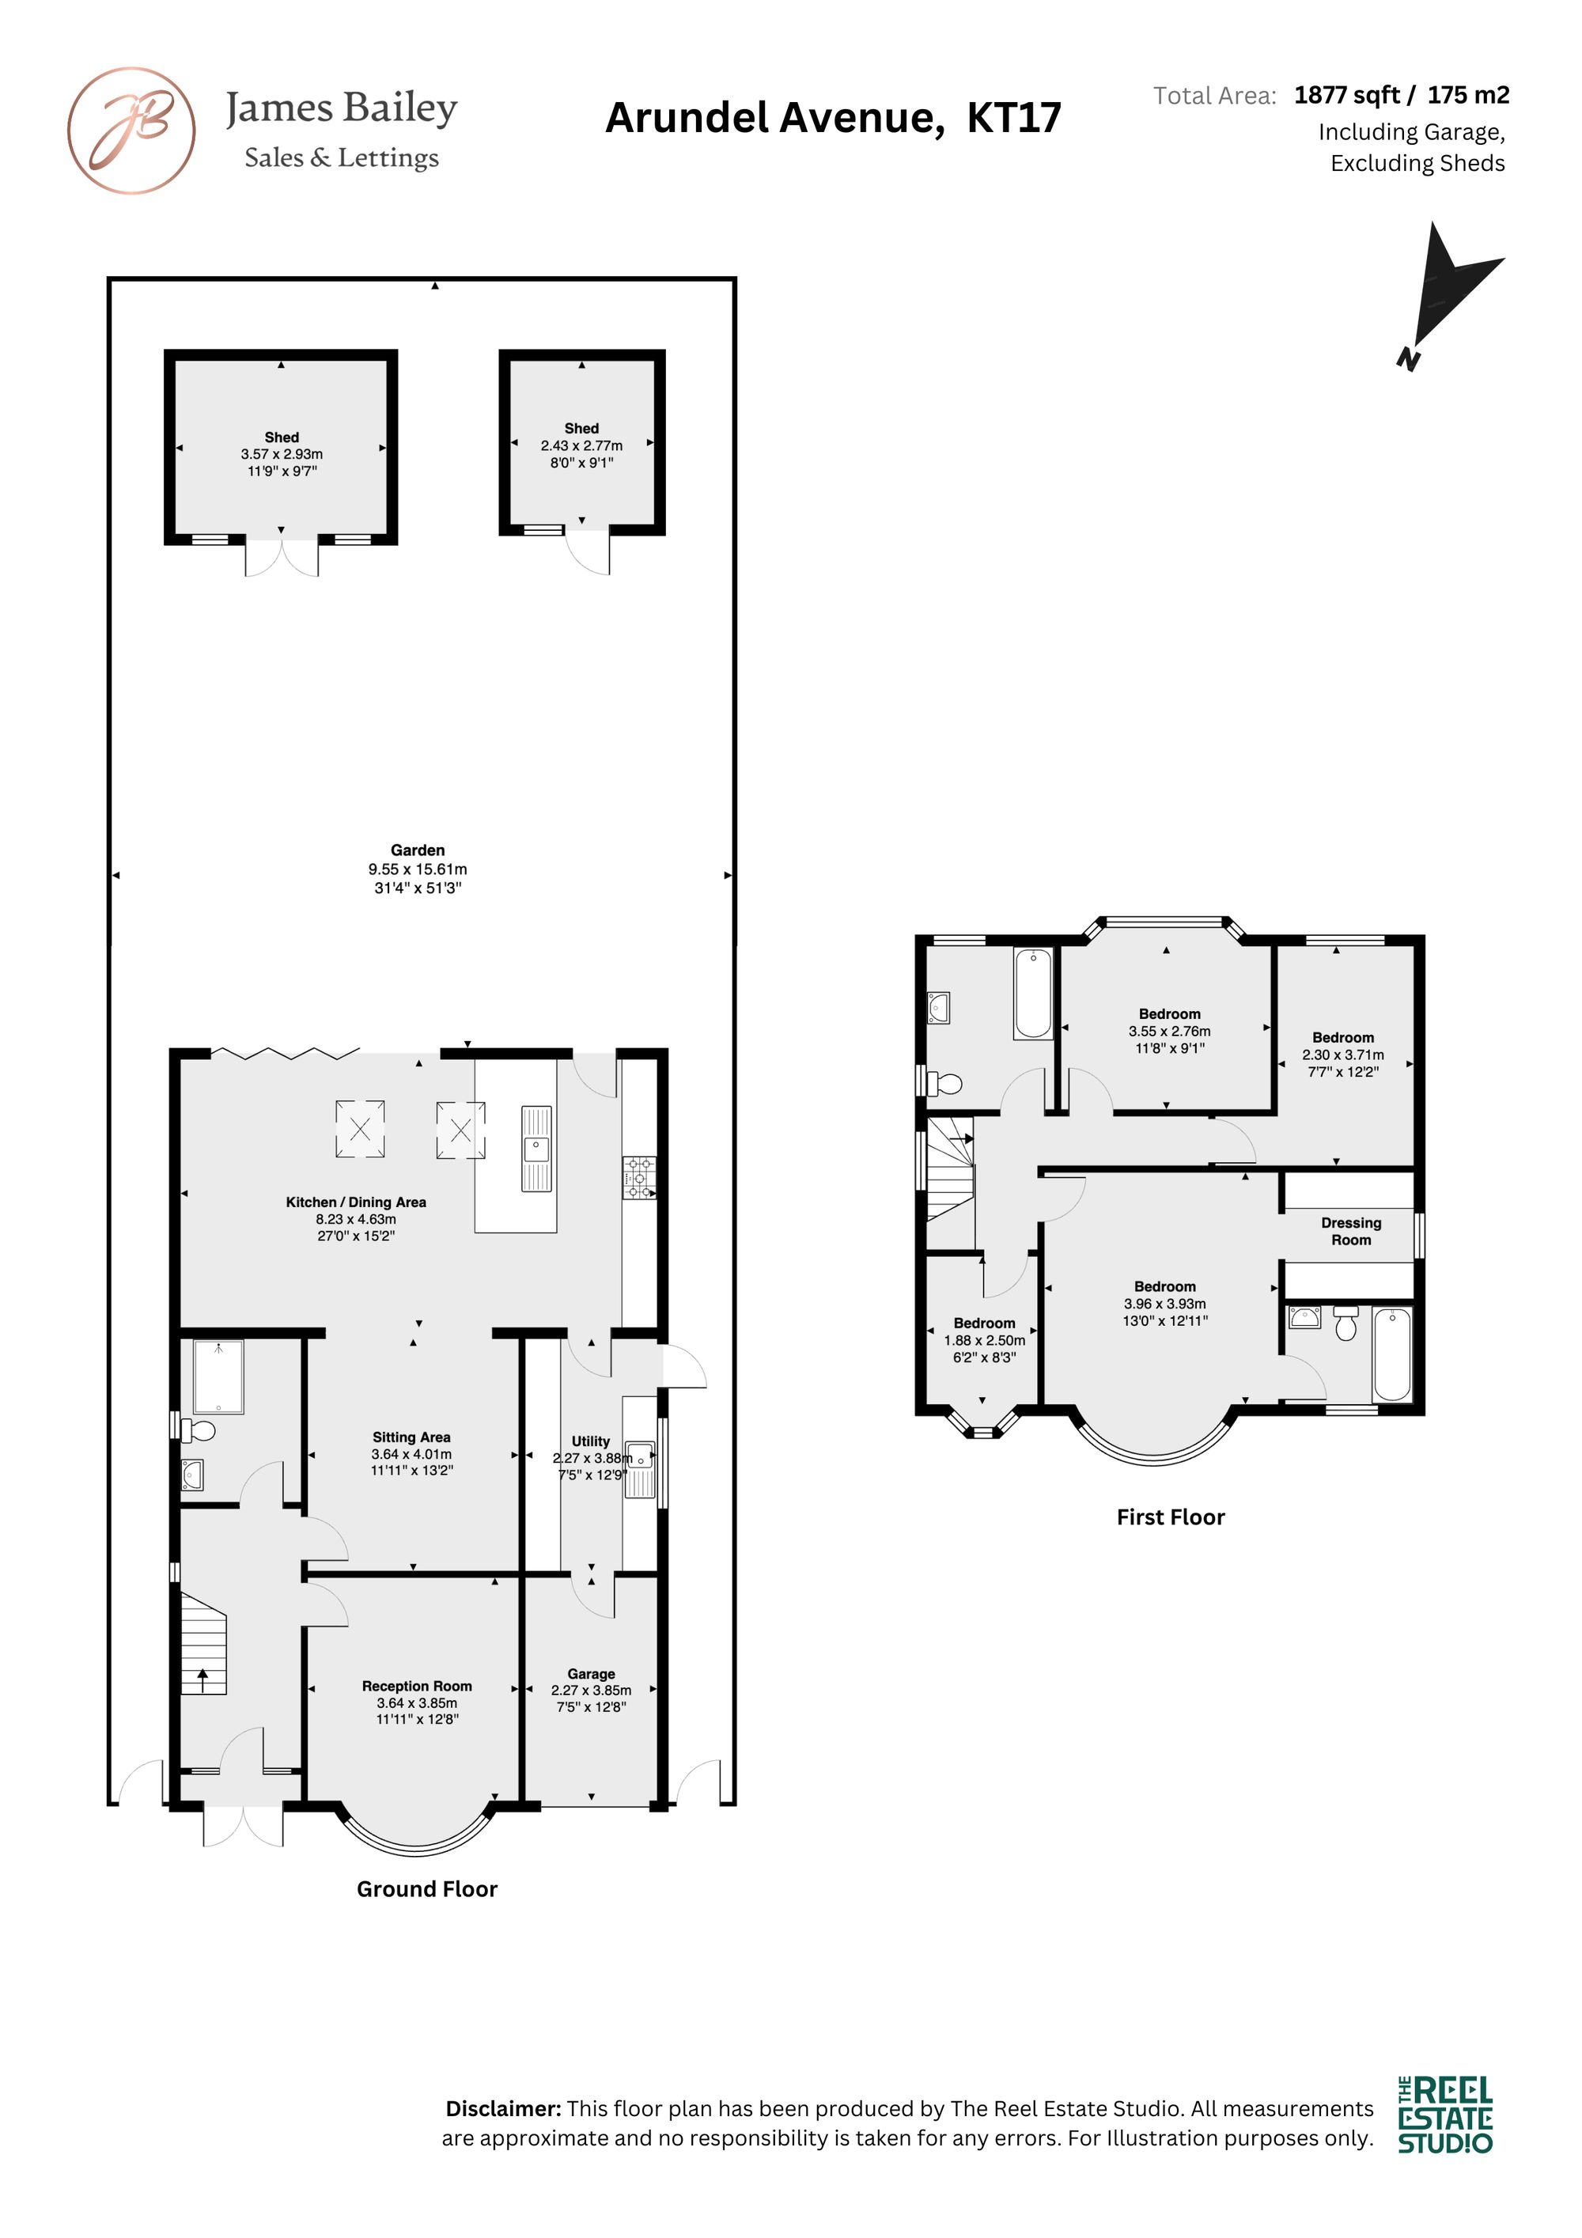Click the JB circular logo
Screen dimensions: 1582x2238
click(131, 131)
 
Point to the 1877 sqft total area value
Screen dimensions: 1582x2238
click(1347, 95)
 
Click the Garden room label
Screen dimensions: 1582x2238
click(417, 850)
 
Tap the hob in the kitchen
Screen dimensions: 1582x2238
click(639, 1177)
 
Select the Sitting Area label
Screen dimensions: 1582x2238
click(411, 1437)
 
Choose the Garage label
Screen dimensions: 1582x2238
click(591, 1674)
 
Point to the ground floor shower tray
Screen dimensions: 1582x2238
click(218, 1377)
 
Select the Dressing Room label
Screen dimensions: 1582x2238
click(1351, 1231)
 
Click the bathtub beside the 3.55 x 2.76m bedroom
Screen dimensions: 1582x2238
click(1033, 994)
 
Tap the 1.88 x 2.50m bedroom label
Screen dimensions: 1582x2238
click(985, 1323)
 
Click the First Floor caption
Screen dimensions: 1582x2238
click(1171, 1517)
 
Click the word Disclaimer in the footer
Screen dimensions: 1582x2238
click(503, 2108)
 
